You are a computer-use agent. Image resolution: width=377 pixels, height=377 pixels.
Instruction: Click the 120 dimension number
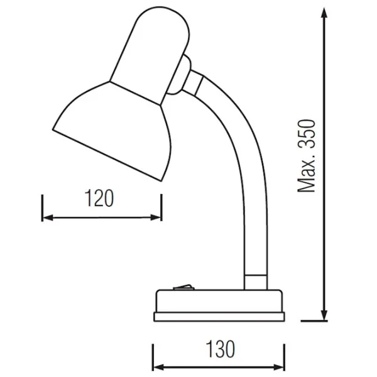point(101,199)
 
